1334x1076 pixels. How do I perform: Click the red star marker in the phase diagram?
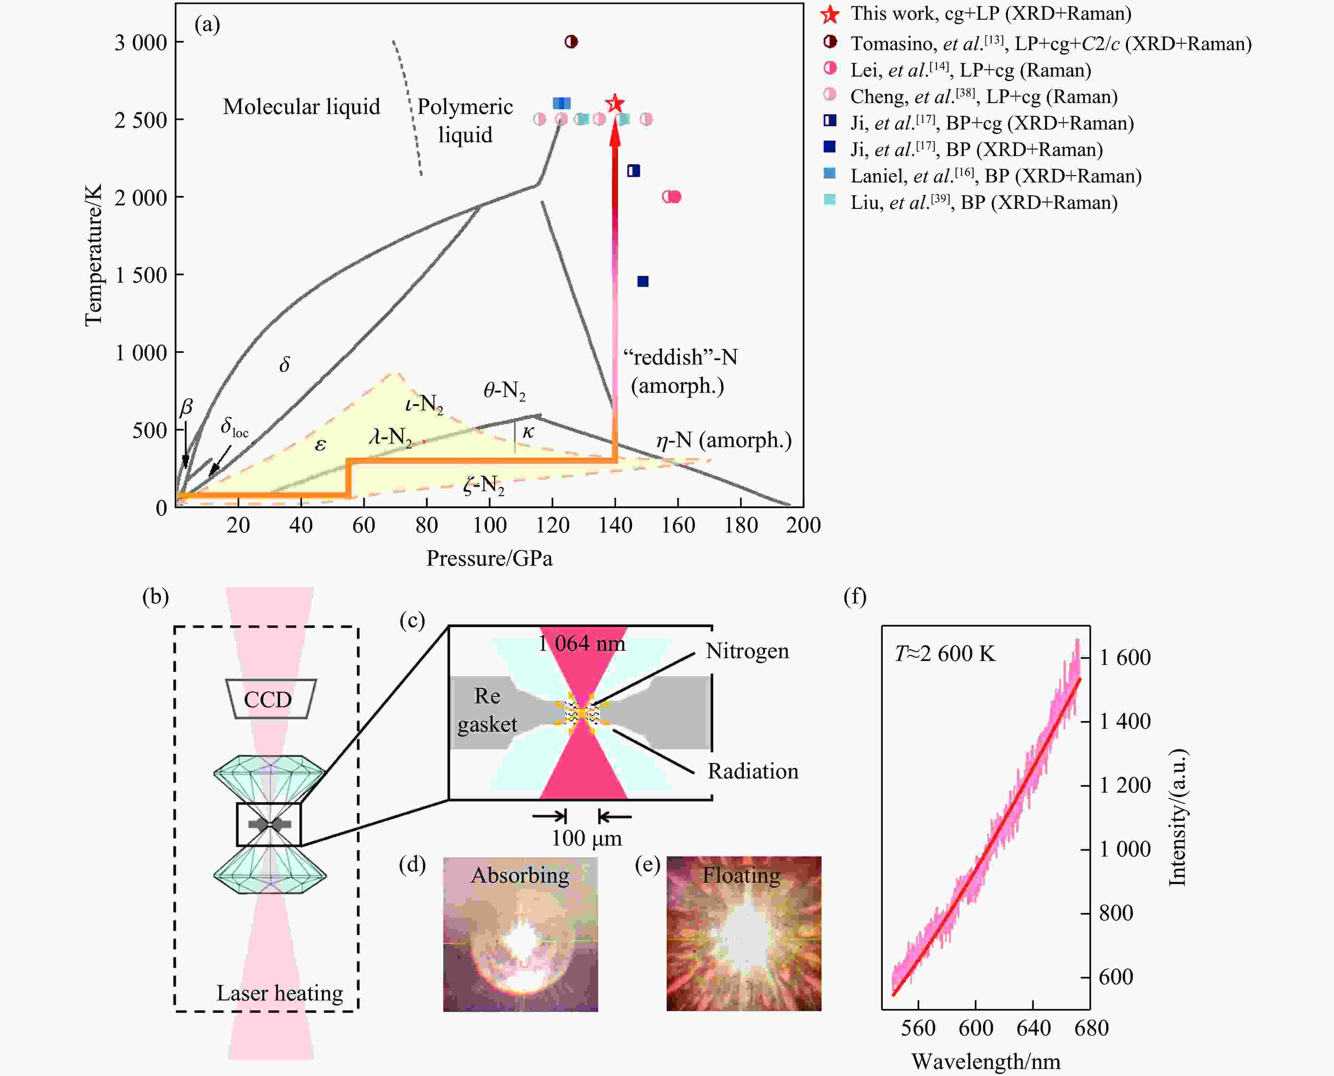tap(614, 103)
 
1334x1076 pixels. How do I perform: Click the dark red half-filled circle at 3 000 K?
tap(571, 42)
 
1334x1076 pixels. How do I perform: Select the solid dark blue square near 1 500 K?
tap(643, 281)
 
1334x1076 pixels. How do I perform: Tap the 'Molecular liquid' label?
tap(301, 107)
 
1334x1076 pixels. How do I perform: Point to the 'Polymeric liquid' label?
tap(465, 120)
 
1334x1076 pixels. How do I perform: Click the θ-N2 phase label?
tap(504, 390)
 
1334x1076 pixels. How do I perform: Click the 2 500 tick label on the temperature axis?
tap(141, 120)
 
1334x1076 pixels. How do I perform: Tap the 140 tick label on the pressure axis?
tap(615, 525)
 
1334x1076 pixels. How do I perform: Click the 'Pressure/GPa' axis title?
tap(489, 558)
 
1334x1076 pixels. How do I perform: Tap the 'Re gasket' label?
tap(487, 710)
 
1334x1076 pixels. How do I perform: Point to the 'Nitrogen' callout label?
tap(747, 651)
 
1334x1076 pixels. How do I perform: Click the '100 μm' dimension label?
tap(587, 838)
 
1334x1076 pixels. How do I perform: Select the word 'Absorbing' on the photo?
tap(520, 875)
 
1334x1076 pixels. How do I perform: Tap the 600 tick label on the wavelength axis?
tap(976, 1028)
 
